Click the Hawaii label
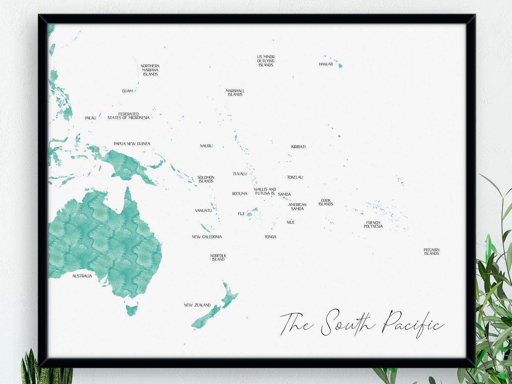point(326,64)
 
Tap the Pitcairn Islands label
point(431,252)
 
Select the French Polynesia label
point(373,225)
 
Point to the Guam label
point(127,91)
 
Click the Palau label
point(90,118)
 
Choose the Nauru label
point(206,146)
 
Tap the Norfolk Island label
point(218,258)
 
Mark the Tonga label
point(270,237)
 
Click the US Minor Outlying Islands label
point(266,61)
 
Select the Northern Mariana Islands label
point(150,70)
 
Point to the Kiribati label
point(298,147)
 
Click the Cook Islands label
point(326,202)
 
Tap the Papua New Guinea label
point(132,144)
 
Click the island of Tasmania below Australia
point(132,310)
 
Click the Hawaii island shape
point(340,66)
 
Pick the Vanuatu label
point(203,211)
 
